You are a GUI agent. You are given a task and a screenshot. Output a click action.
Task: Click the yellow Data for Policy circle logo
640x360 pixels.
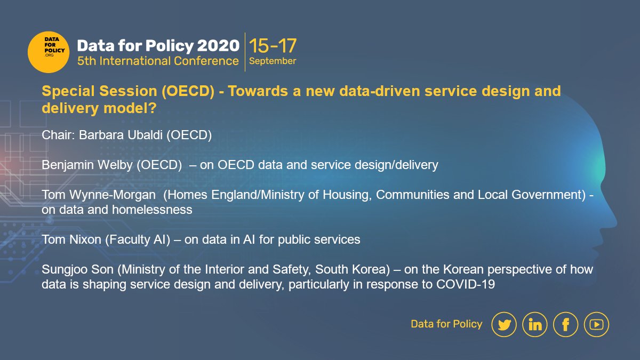49,52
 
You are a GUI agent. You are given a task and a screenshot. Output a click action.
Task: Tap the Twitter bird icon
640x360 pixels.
504,324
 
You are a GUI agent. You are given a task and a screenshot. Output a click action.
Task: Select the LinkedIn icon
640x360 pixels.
535,324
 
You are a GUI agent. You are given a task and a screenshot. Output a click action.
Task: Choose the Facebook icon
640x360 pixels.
566,324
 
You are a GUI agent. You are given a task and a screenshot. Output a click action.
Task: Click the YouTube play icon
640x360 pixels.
596,324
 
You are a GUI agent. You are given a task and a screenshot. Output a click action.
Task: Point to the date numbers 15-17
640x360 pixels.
273,45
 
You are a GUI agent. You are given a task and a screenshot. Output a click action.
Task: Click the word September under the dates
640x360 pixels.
273,61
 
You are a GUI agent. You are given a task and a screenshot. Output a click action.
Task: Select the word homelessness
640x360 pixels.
152,210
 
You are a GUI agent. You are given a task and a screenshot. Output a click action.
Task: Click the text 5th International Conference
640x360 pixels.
158,61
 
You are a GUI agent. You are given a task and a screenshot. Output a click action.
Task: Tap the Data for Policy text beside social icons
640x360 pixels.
446,324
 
